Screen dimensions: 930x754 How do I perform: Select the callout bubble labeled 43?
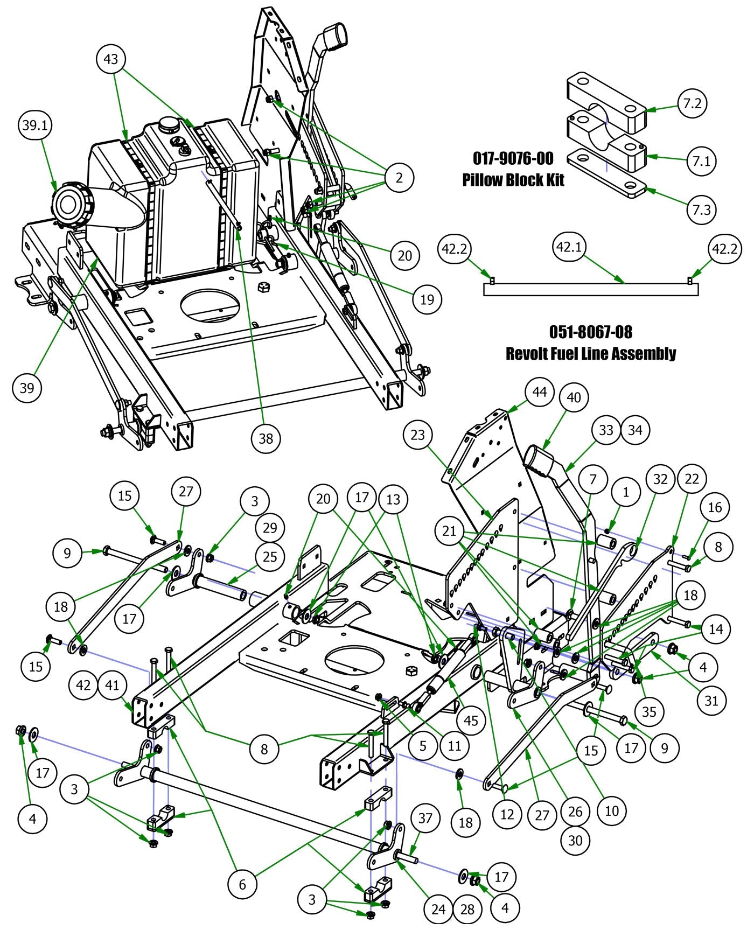(110, 59)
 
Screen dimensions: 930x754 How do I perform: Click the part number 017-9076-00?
(513, 158)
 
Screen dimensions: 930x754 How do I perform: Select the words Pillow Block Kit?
(513, 180)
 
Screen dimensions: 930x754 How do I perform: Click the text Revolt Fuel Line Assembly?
(590, 354)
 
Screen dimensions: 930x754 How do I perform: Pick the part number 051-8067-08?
(590, 332)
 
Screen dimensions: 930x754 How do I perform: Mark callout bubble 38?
(266, 438)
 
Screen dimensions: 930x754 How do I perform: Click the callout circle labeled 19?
(427, 299)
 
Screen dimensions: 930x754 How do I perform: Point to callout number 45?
(471, 721)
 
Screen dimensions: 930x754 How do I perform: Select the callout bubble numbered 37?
(425, 819)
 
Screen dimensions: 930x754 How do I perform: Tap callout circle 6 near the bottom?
(242, 884)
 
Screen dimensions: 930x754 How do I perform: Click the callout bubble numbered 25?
(270, 556)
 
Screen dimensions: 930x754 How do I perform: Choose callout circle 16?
(715, 507)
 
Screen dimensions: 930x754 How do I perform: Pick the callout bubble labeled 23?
(418, 435)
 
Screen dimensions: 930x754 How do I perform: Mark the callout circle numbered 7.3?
(701, 209)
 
